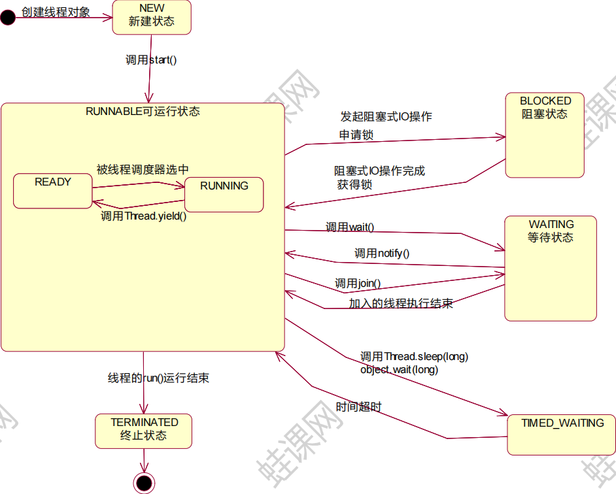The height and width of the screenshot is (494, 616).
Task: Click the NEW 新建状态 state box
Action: (x=152, y=17)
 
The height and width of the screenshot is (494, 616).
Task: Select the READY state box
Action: (x=53, y=191)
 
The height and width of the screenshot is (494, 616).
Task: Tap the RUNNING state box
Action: (x=224, y=194)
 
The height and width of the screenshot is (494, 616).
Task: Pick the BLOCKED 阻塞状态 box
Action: (x=545, y=135)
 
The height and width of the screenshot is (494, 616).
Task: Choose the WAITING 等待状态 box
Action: (x=551, y=268)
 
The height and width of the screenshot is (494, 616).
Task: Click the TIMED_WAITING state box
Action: (x=562, y=434)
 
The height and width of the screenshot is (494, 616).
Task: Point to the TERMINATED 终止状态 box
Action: (x=143, y=431)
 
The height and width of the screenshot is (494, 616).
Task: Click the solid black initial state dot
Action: (x=8, y=18)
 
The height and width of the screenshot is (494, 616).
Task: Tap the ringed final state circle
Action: (x=144, y=483)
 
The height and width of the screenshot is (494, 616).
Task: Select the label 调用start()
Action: (x=151, y=60)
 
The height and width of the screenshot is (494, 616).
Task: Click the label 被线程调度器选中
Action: (x=143, y=169)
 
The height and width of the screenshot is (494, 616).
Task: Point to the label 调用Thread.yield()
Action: (x=143, y=216)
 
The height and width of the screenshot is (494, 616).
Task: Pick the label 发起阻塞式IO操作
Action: (x=386, y=117)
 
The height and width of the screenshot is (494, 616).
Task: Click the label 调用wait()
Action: (x=350, y=227)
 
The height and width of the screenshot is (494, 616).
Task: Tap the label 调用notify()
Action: (x=382, y=254)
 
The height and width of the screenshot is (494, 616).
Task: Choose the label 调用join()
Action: (x=358, y=284)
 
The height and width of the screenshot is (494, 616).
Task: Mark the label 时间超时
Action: (x=358, y=407)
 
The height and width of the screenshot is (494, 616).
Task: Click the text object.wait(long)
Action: (x=399, y=370)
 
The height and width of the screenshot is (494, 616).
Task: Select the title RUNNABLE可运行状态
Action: (x=143, y=111)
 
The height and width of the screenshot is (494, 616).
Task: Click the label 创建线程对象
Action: (x=56, y=12)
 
